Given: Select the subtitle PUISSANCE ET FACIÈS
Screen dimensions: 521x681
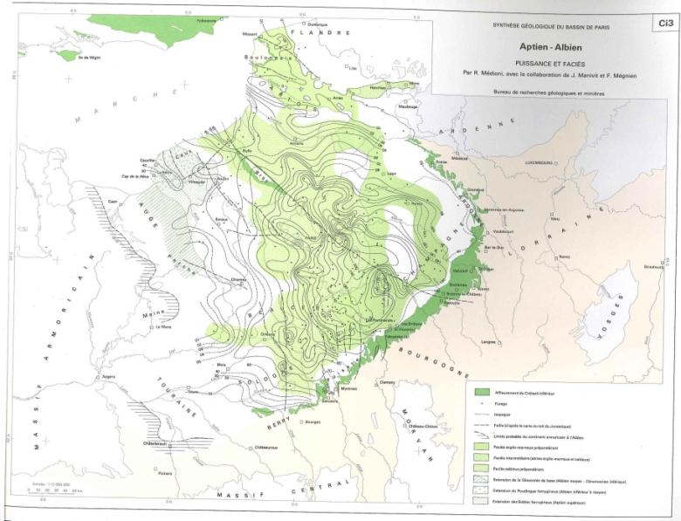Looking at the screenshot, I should tap(550, 63).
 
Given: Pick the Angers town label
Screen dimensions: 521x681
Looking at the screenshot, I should tap(111, 377).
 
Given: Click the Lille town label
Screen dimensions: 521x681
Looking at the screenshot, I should tap(354, 68).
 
